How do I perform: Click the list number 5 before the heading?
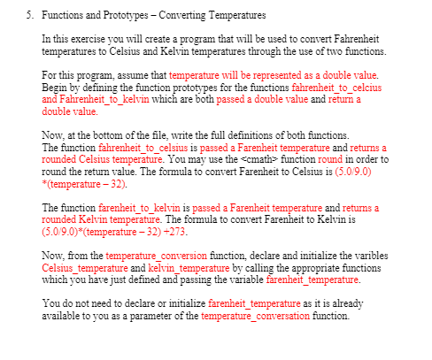pos(29,16)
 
